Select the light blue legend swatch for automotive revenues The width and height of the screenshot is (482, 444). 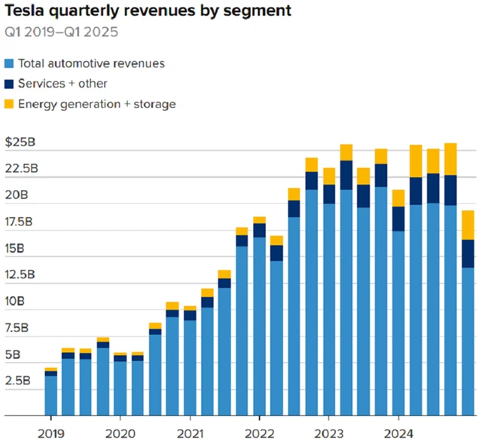pyautogui.click(x=9, y=63)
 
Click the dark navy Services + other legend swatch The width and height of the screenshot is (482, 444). pyautogui.click(x=9, y=84)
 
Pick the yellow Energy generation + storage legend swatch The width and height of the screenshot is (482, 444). pyautogui.click(x=9, y=103)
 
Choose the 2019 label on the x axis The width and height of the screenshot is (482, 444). pyautogui.click(x=50, y=434)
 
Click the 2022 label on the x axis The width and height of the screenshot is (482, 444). pyautogui.click(x=259, y=434)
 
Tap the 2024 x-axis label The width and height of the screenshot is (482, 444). pyautogui.click(x=398, y=434)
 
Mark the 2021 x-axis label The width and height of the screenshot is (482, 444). pyautogui.click(x=190, y=434)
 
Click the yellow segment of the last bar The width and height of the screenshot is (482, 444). pyautogui.click(x=468, y=225)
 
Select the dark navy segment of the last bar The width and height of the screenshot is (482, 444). pyautogui.click(x=468, y=253)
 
